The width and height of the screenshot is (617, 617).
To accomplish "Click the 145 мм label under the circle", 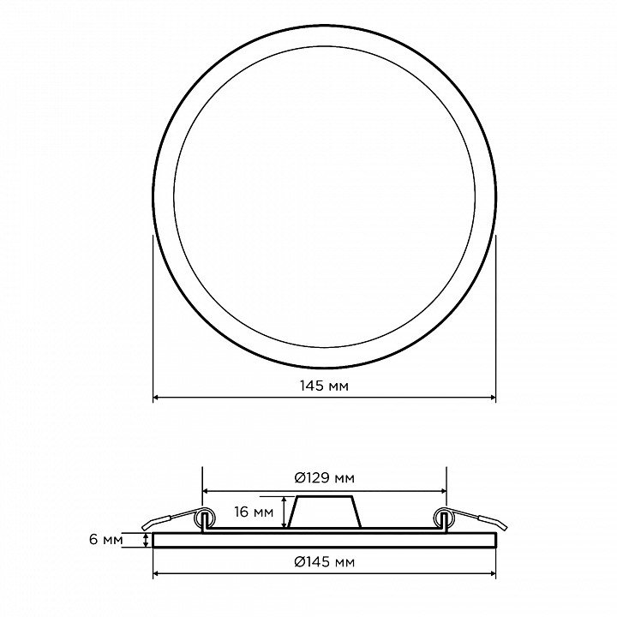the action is click(x=324, y=386).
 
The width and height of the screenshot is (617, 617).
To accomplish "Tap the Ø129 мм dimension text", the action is click(x=324, y=478).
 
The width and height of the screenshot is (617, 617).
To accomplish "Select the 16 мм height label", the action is click(x=254, y=512).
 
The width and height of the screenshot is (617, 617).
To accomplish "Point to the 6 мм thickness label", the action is click(x=106, y=540).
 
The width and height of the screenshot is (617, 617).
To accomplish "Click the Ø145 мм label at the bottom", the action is click(x=324, y=562).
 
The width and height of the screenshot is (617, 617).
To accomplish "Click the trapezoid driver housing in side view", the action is click(x=325, y=512).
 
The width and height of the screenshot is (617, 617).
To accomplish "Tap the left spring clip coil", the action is click(x=206, y=518).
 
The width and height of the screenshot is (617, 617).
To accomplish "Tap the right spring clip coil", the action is click(x=444, y=518).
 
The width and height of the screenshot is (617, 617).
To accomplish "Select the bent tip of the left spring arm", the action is click(x=147, y=526).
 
